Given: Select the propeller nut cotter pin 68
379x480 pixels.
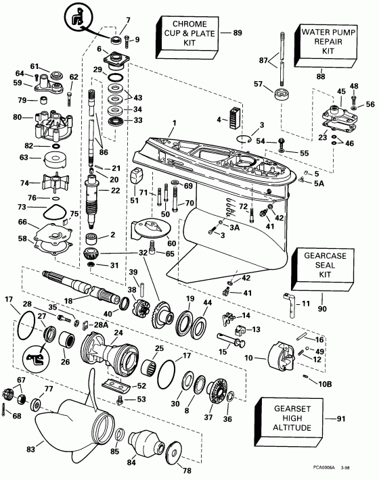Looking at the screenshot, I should (6, 409).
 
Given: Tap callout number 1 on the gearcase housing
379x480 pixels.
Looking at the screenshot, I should (174, 123).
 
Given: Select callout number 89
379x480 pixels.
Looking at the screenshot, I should (237, 32).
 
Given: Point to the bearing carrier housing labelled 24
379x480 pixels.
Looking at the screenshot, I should (112, 352).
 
